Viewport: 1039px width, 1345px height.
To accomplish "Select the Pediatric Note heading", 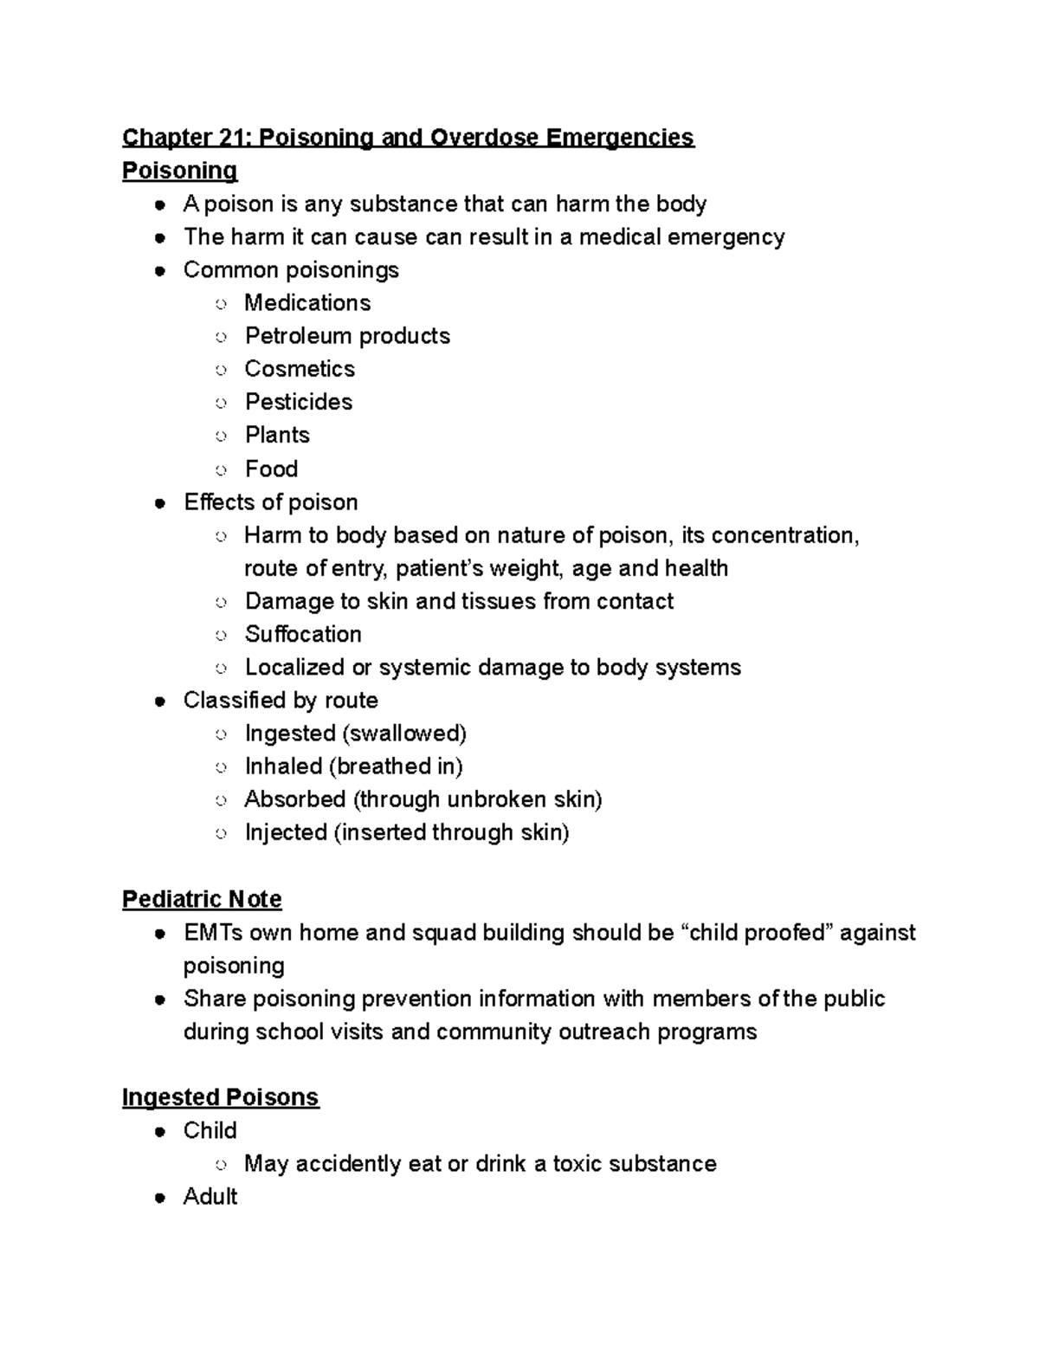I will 202,899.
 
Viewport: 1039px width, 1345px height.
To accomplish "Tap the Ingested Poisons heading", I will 220,1097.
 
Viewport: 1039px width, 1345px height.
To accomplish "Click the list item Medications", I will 307,303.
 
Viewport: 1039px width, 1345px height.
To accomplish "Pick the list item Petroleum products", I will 347,336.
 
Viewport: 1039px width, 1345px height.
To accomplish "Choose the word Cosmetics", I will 300,369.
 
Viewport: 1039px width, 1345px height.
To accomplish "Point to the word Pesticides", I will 299,402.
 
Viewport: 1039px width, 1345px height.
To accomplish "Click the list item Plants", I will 277,435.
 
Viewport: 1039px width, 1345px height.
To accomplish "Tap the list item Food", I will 271,469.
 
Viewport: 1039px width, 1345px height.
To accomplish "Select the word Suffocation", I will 303,634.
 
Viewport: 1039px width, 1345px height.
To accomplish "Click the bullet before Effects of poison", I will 160,503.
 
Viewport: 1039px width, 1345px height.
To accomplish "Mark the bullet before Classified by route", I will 160,701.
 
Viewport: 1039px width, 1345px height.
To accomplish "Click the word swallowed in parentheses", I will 405,734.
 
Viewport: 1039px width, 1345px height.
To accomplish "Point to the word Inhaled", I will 283,766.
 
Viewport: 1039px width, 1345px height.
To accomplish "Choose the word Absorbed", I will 295,799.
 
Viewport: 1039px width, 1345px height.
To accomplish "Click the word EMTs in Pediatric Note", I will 213,933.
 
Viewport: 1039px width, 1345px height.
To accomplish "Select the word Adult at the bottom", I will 210,1197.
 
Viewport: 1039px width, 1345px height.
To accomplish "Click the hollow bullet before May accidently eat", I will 222,1165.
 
